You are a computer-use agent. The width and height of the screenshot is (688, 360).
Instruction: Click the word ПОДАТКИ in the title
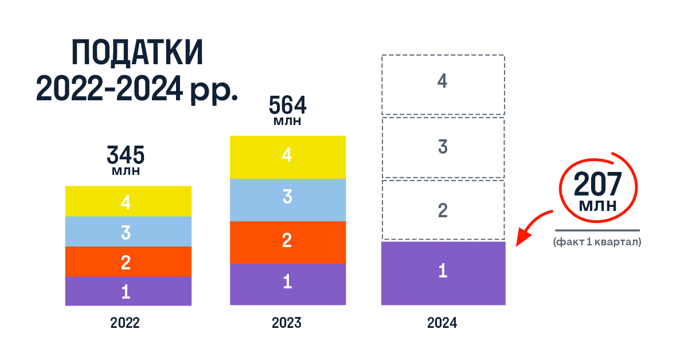coord(138,55)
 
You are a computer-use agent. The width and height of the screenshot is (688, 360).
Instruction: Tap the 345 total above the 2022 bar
coord(126,155)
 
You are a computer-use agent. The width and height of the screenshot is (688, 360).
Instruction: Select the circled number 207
coord(598,184)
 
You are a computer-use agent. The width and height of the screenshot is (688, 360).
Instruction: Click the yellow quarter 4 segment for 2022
coord(128,201)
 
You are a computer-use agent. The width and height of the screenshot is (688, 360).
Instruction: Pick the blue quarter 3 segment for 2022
coord(128,232)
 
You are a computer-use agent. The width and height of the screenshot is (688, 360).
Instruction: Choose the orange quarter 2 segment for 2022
coord(128,262)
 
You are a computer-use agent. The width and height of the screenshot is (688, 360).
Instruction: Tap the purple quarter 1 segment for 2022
coord(128,291)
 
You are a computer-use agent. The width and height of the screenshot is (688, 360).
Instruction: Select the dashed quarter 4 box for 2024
coord(443,84)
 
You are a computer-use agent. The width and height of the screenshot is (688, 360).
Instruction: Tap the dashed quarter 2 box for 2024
coord(443,210)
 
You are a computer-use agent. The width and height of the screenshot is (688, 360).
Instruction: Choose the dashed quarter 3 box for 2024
coord(443,147)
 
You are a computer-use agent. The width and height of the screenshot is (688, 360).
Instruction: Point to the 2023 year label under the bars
coord(287,323)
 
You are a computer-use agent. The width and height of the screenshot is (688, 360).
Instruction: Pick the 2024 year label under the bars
coord(442,323)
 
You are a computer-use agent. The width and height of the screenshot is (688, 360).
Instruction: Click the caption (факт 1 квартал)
coord(597,242)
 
